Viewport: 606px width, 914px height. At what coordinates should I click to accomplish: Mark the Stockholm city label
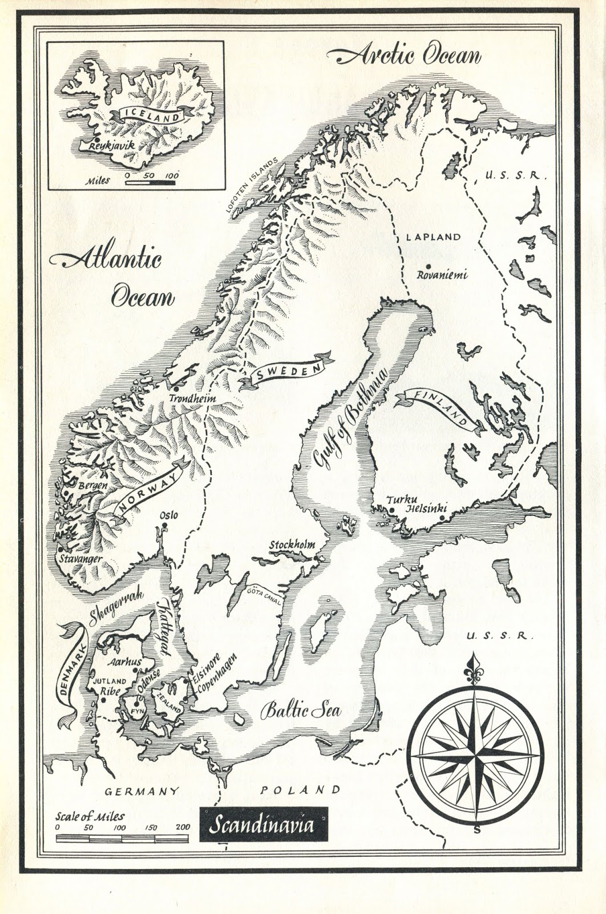click(x=292, y=545)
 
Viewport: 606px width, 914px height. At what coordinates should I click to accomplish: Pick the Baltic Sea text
click(x=301, y=711)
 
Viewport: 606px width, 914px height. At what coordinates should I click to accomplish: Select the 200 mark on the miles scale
click(x=183, y=827)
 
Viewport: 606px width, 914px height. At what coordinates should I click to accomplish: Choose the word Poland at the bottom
click(x=300, y=791)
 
